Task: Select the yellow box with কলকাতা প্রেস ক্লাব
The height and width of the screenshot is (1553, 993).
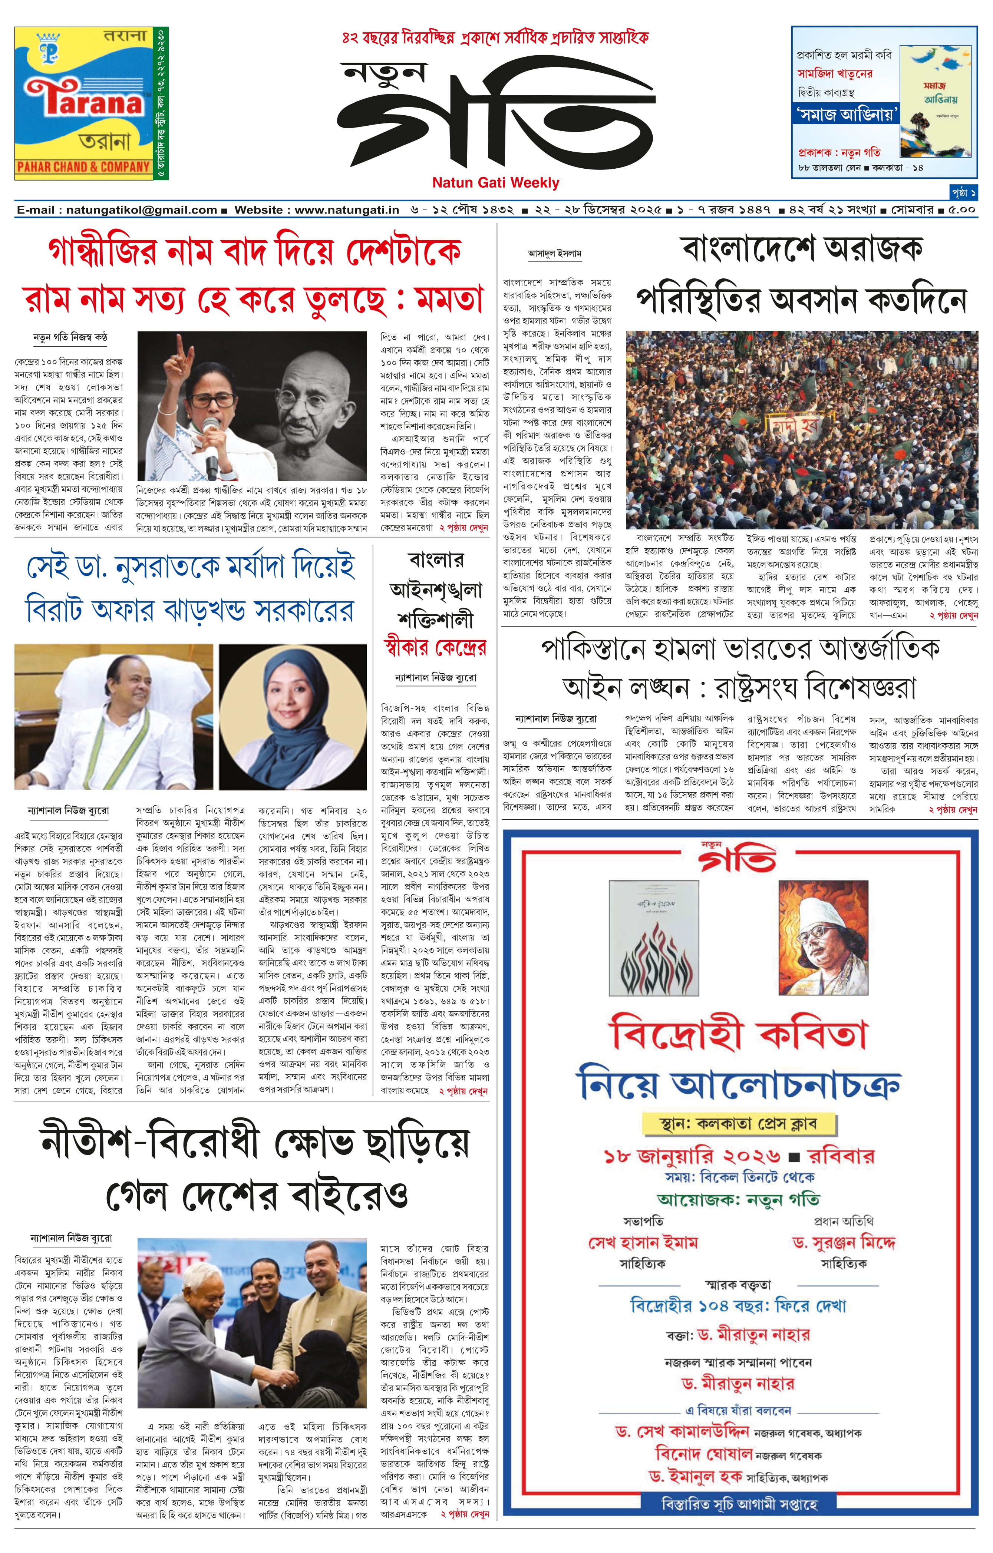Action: [739, 1123]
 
